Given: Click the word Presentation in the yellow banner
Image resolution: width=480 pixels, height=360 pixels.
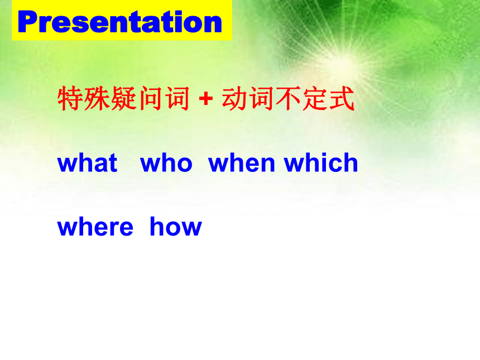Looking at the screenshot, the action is click(x=119, y=21).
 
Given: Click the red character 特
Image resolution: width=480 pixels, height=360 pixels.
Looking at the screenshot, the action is click(x=70, y=98).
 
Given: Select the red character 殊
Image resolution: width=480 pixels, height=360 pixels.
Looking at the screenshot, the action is click(x=97, y=98).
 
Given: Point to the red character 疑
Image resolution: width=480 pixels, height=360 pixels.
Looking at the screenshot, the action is click(x=123, y=98).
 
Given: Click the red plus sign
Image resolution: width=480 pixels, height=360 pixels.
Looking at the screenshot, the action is click(x=206, y=99).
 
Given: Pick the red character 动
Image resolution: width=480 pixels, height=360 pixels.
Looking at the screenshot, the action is click(x=234, y=98).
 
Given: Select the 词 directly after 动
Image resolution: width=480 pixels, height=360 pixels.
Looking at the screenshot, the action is click(x=261, y=98).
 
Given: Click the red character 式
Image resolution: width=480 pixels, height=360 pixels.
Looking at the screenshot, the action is click(x=342, y=98).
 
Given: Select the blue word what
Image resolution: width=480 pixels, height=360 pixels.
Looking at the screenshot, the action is click(x=87, y=162).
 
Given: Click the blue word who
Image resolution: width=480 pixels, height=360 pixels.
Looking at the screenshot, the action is click(x=166, y=162).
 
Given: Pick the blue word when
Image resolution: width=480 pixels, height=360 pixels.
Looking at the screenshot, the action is click(x=242, y=162).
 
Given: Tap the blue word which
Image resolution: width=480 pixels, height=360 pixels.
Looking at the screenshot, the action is click(x=321, y=162).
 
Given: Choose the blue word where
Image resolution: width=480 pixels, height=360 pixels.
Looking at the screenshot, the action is click(x=95, y=227).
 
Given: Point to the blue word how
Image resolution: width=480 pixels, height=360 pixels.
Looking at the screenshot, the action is click(x=176, y=227).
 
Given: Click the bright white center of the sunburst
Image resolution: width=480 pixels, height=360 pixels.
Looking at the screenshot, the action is click(x=346, y=60).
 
